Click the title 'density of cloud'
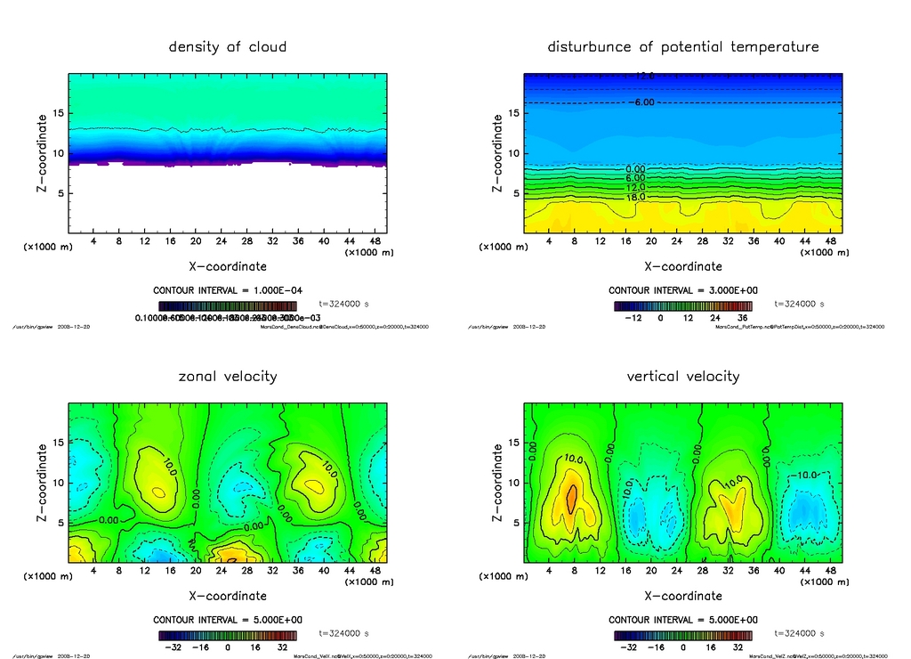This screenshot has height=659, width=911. pyautogui.click(x=228, y=46)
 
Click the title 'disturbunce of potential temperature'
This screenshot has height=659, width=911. pyautogui.click(x=683, y=46)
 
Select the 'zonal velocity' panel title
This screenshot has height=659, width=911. pyautogui.click(x=228, y=376)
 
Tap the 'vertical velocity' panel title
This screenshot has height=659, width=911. pyautogui.click(x=683, y=376)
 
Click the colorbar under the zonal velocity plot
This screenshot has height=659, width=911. pyautogui.click(x=228, y=636)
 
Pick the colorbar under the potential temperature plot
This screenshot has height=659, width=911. pyautogui.click(x=683, y=305)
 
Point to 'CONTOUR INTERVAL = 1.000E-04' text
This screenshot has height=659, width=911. pyautogui.click(x=228, y=290)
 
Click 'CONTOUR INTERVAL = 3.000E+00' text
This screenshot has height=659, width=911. pyautogui.click(x=683, y=290)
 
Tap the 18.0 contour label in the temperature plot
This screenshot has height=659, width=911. pyautogui.click(x=635, y=197)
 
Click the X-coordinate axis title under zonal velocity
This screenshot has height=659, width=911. pyautogui.click(x=228, y=596)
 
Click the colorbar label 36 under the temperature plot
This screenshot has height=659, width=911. pyautogui.click(x=740, y=317)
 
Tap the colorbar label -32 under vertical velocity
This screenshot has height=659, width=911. pyautogui.click(x=626, y=647)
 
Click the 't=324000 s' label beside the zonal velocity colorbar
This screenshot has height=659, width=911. pyautogui.click(x=343, y=633)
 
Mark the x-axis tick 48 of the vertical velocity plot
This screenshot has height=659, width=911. pyautogui.click(x=829, y=571)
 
